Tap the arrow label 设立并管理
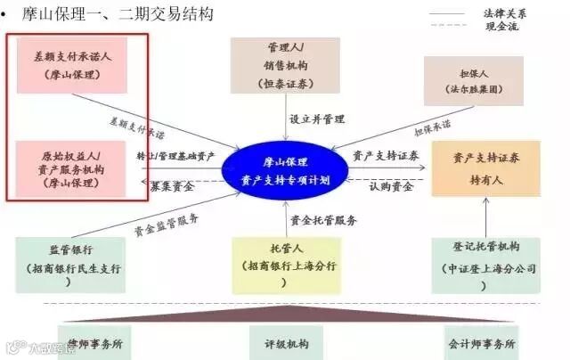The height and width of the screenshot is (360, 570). pos(316,119)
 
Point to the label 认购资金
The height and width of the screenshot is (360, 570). pos(391,187)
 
